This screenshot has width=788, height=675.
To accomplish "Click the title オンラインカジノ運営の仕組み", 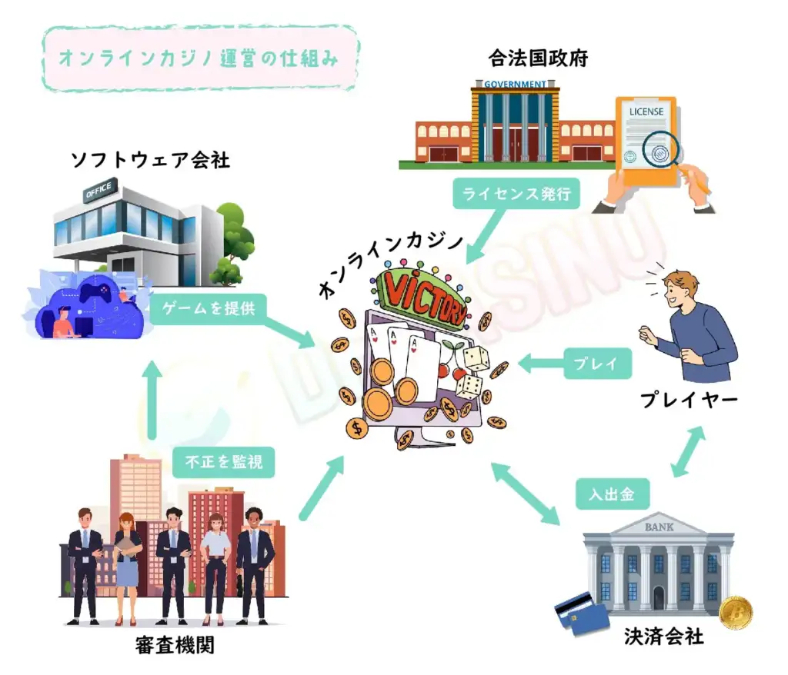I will (x=199, y=59).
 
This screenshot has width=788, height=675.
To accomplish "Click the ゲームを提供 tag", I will (x=209, y=308).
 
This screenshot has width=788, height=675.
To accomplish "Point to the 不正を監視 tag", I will (x=223, y=463).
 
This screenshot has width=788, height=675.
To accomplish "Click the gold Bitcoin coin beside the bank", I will (x=735, y=613).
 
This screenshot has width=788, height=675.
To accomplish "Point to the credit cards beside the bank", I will (x=576, y=613).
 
